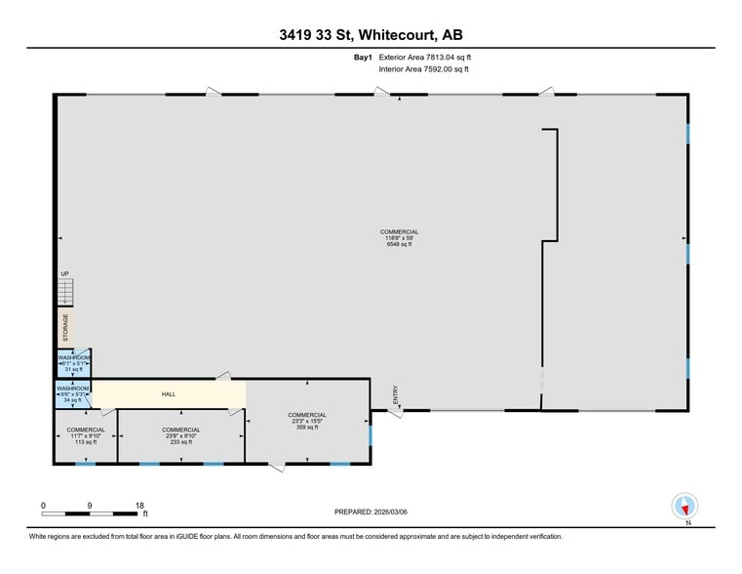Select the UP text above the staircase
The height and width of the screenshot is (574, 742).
coord(65,274)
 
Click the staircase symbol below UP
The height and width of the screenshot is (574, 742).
coord(65,291)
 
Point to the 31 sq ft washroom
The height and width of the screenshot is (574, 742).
coord(74,363)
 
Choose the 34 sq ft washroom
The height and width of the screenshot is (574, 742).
coord(73,394)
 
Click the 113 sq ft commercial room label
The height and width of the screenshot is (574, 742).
coord(86,435)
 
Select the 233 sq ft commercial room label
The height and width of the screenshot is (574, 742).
coord(181,435)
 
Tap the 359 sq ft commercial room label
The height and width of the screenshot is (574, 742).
coord(307,421)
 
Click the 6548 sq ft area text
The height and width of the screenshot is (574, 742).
coord(399,244)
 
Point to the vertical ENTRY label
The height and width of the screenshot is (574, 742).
coord(396,394)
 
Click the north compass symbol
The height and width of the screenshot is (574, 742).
coord(685,507)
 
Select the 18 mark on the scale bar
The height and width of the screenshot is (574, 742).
coord(139,505)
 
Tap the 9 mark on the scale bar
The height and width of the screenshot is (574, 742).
coord(91,505)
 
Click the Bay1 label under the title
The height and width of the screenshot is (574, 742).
coord(363,58)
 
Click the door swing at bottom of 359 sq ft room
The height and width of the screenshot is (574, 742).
coord(277,467)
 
